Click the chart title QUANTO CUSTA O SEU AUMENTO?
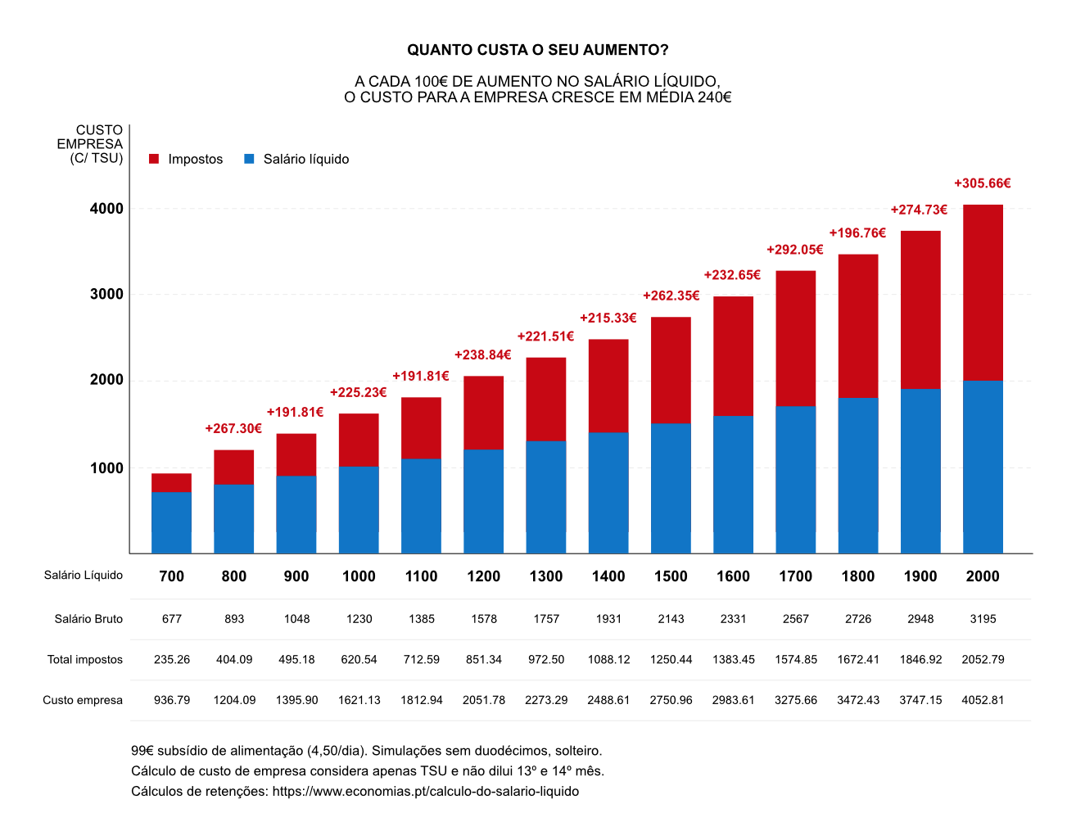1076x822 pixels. (x=537, y=50)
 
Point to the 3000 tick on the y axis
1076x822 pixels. (x=106, y=294)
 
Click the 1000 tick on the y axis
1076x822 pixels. (x=106, y=468)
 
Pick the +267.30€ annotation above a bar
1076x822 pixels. (x=233, y=428)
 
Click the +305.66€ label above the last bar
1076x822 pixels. (x=982, y=183)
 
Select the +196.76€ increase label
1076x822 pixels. (x=857, y=233)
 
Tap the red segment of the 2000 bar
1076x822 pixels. (x=983, y=292)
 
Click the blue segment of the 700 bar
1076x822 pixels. (x=171, y=522)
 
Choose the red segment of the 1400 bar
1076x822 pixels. (x=608, y=385)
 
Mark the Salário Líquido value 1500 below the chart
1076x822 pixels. (x=671, y=576)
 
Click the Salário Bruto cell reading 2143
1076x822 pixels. (x=671, y=619)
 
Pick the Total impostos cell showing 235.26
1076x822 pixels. (x=172, y=659)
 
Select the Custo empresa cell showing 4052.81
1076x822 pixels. (x=983, y=700)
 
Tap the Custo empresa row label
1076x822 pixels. (x=83, y=700)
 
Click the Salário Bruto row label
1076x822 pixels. (x=88, y=619)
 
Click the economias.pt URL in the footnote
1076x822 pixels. (x=425, y=791)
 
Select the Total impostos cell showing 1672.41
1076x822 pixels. (x=857, y=659)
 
